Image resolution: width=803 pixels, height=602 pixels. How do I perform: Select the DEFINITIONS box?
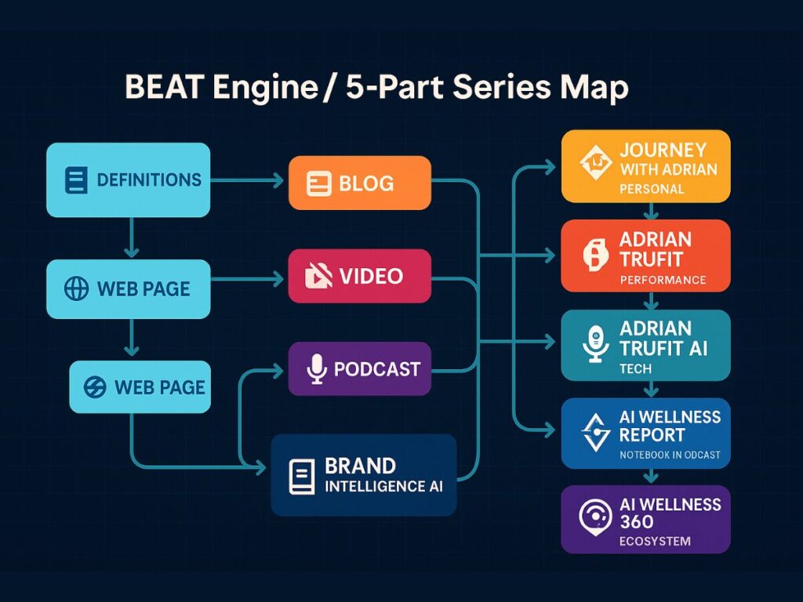pos(128,180)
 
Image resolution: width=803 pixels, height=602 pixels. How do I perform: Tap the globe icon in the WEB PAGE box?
pos(76,288)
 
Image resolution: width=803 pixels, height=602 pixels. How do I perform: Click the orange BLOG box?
pos(359,183)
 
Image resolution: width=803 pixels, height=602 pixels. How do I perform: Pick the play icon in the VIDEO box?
pos(318,276)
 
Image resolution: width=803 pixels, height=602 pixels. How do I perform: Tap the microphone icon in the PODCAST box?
pos(315,368)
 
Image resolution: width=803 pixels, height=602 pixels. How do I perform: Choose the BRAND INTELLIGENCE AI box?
pos(363,475)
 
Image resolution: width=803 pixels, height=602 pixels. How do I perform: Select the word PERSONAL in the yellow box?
pos(652,189)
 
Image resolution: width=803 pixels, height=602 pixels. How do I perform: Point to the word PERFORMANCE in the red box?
pos(663,280)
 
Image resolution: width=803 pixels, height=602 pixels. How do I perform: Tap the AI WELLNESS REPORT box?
pos(645,433)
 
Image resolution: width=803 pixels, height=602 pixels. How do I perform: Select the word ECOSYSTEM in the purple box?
pos(655,541)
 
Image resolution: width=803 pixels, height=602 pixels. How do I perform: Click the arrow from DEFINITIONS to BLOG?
pos(247,181)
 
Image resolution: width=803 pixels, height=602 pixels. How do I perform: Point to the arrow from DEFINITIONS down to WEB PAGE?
pos(132,237)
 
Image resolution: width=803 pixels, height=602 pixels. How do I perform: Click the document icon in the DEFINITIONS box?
pos(76,180)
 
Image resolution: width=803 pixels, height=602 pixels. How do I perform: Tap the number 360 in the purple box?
pos(636,522)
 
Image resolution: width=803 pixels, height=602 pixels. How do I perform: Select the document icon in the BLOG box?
pos(318,183)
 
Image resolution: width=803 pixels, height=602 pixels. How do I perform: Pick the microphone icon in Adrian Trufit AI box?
pos(596,345)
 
